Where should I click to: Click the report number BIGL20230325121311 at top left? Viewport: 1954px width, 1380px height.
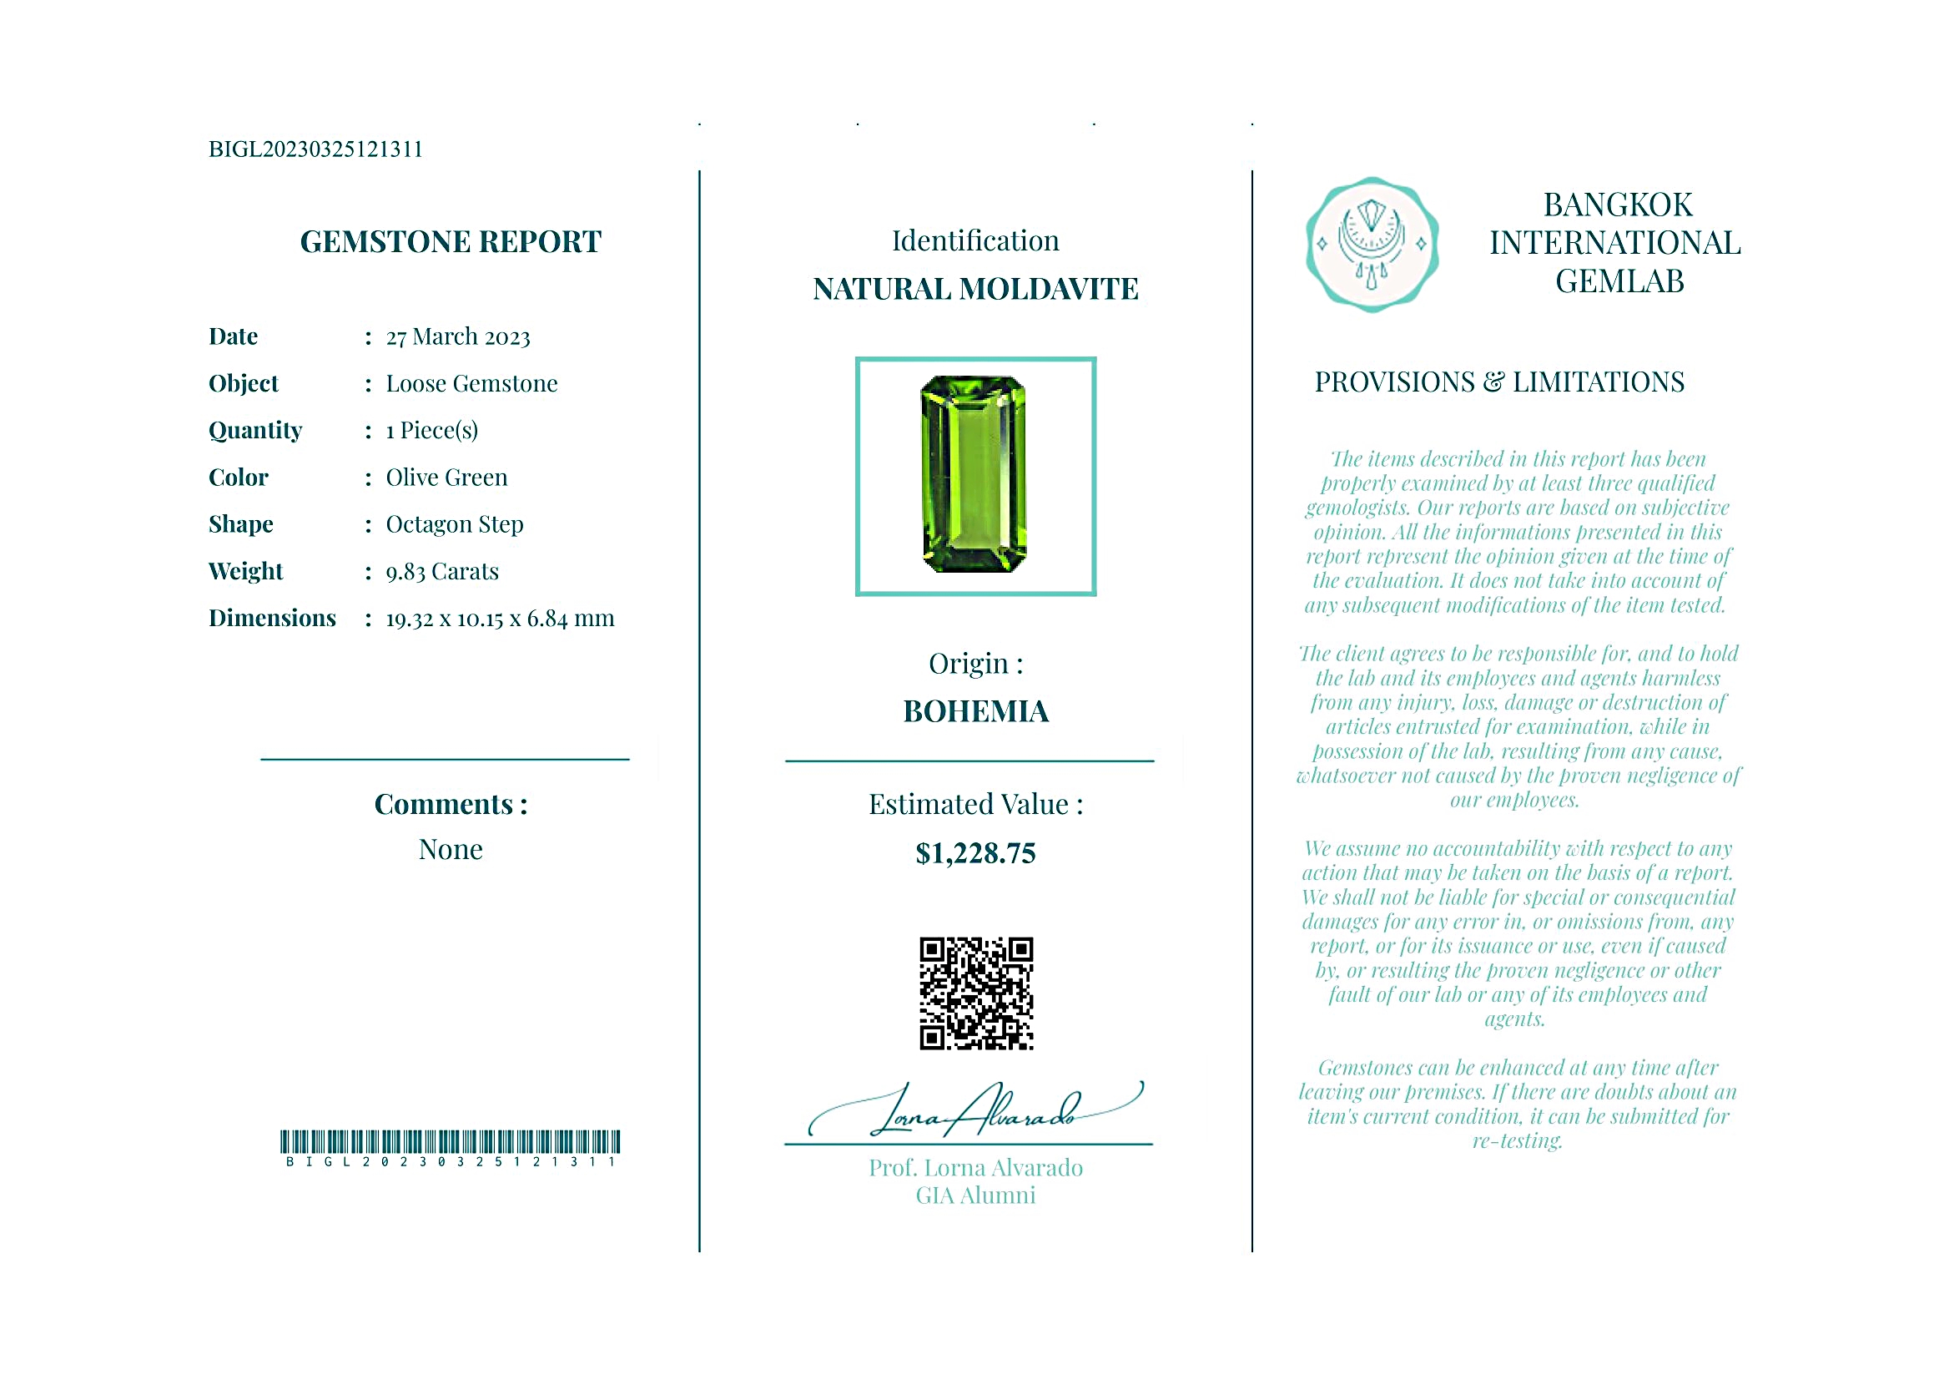[x=315, y=149]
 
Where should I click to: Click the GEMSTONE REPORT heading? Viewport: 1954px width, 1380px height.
[x=451, y=243]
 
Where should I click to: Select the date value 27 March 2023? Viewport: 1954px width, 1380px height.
[x=458, y=337]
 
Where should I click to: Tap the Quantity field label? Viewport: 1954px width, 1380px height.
[x=255, y=431]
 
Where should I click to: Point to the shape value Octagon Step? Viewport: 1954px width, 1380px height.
[x=455, y=524]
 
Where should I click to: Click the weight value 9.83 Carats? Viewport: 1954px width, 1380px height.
[x=441, y=572]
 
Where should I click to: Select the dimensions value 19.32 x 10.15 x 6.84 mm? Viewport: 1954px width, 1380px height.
[x=500, y=619]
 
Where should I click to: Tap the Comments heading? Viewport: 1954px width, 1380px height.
[x=451, y=805]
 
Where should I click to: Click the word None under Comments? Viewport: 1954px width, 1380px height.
[x=451, y=850]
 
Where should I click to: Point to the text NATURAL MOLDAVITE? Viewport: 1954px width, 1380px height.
[x=975, y=290]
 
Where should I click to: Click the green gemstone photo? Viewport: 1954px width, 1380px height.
[x=974, y=475]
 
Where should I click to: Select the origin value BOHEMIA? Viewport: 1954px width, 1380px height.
[x=975, y=712]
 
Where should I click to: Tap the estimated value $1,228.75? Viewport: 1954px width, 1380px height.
[x=975, y=854]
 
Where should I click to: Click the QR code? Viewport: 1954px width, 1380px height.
[x=975, y=993]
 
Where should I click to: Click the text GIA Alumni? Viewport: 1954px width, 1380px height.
[x=975, y=1196]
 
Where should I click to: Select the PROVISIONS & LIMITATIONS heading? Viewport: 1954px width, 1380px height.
[x=1498, y=382]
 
